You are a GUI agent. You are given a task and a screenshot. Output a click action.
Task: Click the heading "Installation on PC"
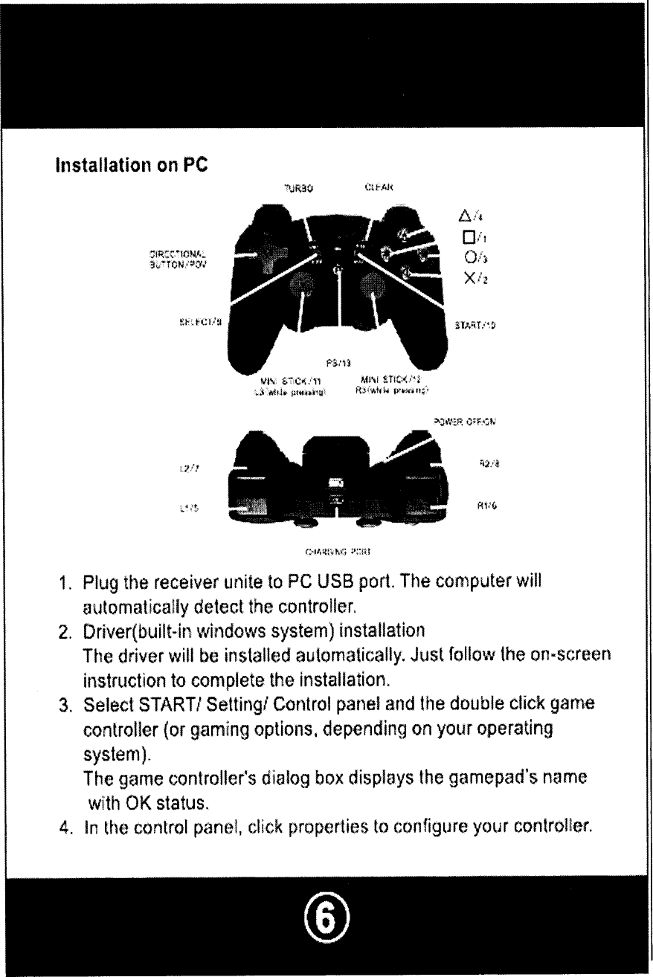tap(127, 166)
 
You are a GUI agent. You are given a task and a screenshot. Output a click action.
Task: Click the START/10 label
tap(475, 325)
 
